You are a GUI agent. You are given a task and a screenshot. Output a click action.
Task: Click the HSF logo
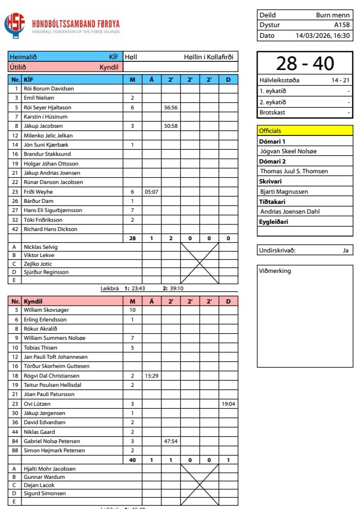(14, 26)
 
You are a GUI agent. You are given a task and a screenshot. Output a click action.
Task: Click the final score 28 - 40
(305, 63)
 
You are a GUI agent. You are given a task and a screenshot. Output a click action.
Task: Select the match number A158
(342, 25)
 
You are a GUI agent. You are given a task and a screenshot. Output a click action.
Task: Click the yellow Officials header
(305, 131)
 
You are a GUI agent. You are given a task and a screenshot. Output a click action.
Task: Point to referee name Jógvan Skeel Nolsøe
(289, 151)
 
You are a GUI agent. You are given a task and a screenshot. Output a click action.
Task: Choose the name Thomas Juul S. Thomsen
(294, 171)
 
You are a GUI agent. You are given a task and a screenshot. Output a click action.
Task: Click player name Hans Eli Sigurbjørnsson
(53, 210)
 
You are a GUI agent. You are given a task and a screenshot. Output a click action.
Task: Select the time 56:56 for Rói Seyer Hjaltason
(171, 108)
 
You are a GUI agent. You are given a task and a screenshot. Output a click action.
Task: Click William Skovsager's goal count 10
(132, 310)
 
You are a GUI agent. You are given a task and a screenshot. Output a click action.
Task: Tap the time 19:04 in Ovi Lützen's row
(228, 404)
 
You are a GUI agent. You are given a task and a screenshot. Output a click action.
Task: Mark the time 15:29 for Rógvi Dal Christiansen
(152, 376)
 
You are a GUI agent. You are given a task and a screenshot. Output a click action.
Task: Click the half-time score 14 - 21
(340, 80)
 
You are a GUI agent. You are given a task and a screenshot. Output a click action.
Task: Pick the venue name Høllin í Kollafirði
(208, 57)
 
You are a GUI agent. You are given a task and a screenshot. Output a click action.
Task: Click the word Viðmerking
(275, 271)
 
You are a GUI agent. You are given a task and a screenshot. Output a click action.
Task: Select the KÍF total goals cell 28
(132, 238)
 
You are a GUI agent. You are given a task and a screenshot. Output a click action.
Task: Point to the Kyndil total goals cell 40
(132, 460)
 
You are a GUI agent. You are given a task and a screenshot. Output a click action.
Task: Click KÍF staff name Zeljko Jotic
(38, 264)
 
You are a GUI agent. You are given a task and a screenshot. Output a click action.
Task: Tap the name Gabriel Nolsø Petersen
(52, 441)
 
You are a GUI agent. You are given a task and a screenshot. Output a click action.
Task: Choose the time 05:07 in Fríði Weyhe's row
(152, 192)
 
